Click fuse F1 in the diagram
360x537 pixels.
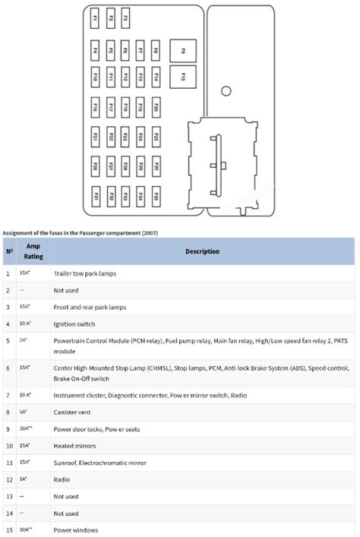click(95, 17)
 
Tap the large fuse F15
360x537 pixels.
click(183, 77)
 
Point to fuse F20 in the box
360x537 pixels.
click(156, 108)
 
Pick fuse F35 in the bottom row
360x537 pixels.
click(156, 197)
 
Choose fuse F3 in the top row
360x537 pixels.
click(125, 17)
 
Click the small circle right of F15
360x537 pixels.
click(226, 91)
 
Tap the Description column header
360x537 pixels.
click(201, 251)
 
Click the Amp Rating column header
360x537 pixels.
click(33, 251)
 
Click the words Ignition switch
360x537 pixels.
click(74, 324)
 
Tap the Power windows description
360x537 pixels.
click(75, 530)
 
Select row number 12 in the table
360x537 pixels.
click(8, 479)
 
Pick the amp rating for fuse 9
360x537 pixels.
click(25, 428)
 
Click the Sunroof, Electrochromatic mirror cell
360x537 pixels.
click(99, 463)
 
